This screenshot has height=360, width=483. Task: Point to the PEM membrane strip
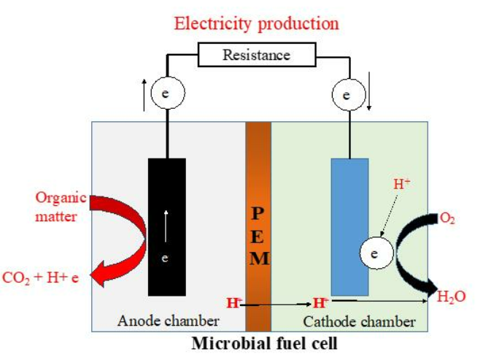[x=258, y=234]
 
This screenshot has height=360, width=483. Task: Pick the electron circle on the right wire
[x=347, y=94]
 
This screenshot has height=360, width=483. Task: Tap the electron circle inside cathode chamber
[x=374, y=254]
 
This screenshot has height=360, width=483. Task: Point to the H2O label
[x=450, y=296]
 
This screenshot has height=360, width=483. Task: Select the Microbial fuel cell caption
[x=265, y=342]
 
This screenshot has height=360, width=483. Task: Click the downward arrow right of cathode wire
[x=371, y=95]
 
